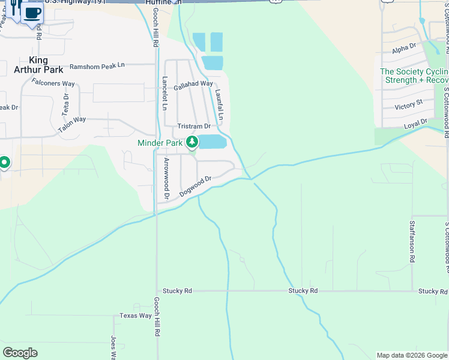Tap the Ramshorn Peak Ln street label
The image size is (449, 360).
pos(97,66)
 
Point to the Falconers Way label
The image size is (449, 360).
pos(53,83)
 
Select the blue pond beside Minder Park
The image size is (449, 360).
pos(212,142)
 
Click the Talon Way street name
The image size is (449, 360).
pos(72,124)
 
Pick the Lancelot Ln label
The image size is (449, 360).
pos(164,94)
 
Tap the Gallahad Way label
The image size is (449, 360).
pos(193,86)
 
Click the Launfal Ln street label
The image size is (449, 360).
pos(220,104)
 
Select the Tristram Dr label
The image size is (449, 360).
pos(194,127)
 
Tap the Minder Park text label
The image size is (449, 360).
pos(160,143)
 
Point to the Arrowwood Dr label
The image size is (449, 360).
pos(166,178)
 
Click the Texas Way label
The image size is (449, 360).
pos(136,316)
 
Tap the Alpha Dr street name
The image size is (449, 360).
pos(404,47)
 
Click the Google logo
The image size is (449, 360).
pos(20,353)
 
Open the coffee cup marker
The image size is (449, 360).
pos(32,12)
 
